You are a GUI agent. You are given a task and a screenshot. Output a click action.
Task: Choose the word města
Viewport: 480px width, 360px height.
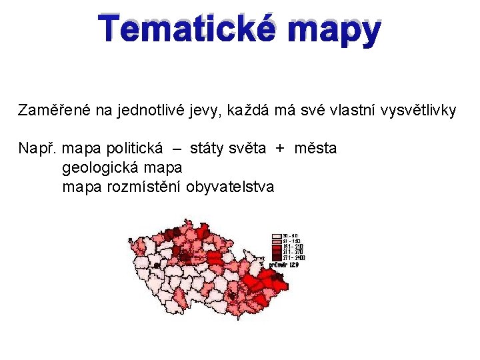315,148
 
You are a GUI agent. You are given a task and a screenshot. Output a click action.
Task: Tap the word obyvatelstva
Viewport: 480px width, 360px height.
230,187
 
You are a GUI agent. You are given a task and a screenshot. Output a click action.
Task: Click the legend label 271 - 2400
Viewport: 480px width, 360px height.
294,257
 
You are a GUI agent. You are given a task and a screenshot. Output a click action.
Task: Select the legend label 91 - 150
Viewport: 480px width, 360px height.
291,241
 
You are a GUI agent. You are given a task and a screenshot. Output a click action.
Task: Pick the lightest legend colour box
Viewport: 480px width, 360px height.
276,236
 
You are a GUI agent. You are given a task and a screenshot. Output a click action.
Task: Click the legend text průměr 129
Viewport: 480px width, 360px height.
284,265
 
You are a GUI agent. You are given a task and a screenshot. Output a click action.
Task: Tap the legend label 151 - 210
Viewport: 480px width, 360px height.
293,247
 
